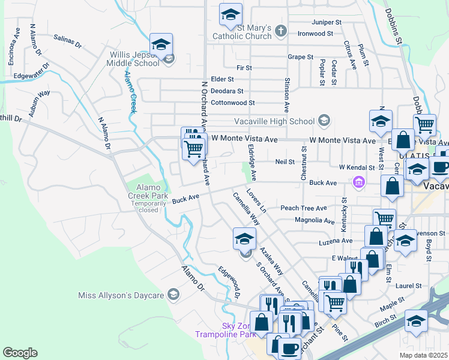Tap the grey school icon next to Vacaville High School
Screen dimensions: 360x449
[x=325, y=121]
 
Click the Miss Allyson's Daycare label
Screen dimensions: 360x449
[x=121, y=295]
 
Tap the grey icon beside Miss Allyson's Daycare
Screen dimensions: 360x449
[x=173, y=294]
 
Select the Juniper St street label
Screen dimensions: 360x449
[x=327, y=22]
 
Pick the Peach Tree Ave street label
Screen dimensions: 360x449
[x=304, y=208]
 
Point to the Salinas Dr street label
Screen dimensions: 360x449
[x=67, y=41]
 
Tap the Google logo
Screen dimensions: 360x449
[x=20, y=353]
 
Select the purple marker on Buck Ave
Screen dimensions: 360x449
[x=359, y=182]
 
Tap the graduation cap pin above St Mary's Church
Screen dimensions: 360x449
[x=230, y=16]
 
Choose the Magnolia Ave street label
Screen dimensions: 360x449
[x=314, y=221]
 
